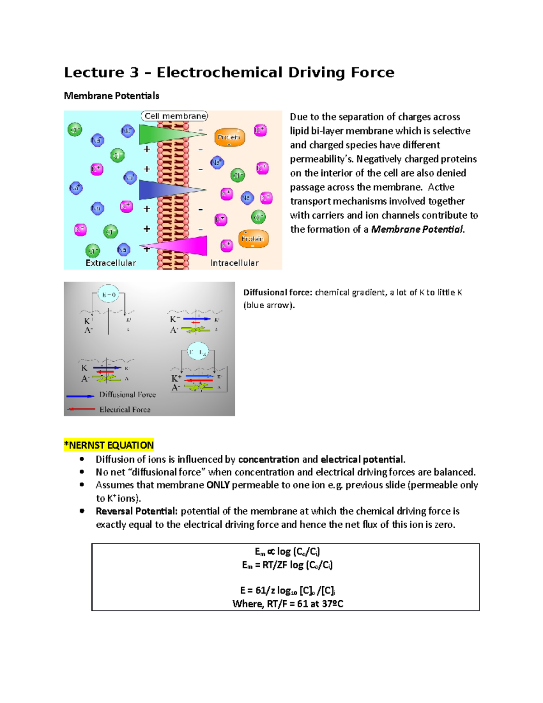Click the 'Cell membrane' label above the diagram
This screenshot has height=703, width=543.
(175, 116)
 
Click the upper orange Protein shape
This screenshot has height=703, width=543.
(229, 137)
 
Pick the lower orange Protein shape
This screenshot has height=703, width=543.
(253, 239)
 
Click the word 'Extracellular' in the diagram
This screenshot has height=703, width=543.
(111, 263)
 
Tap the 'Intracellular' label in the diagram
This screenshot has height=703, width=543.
(234, 263)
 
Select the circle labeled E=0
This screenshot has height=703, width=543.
(109, 295)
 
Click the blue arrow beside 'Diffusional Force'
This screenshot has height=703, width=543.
(80, 396)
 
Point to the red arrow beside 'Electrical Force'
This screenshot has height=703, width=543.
(81, 409)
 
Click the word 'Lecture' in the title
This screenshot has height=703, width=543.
(94, 72)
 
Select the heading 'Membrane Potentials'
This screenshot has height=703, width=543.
(111, 96)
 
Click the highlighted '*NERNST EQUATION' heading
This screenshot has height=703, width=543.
(109, 445)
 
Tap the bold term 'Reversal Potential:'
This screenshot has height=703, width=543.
(137, 511)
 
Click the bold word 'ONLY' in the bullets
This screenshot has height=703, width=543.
(218, 485)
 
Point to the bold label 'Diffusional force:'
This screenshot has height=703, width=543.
(277, 292)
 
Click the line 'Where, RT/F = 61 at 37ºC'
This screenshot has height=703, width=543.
(288, 603)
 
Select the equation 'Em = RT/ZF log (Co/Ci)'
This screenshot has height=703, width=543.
(287, 565)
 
